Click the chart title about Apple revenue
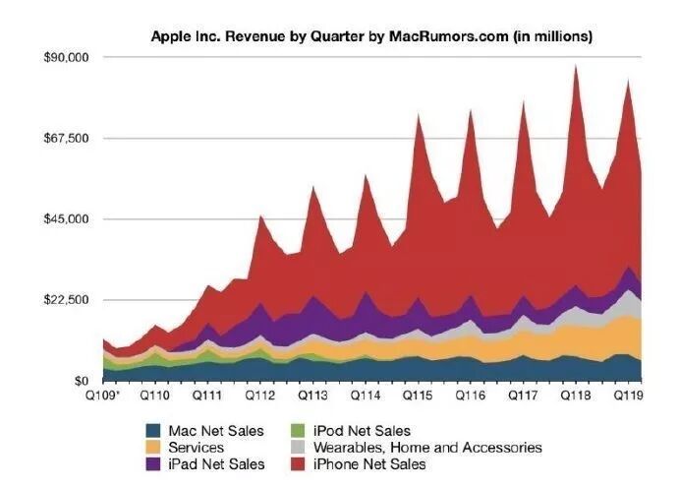[x=370, y=36]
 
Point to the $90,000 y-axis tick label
[x=68, y=57]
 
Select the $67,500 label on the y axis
[x=68, y=138]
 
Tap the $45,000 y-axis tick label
[x=68, y=218]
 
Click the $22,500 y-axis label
[x=68, y=299]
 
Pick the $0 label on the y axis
[x=82, y=380]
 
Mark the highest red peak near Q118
[x=576, y=67]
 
